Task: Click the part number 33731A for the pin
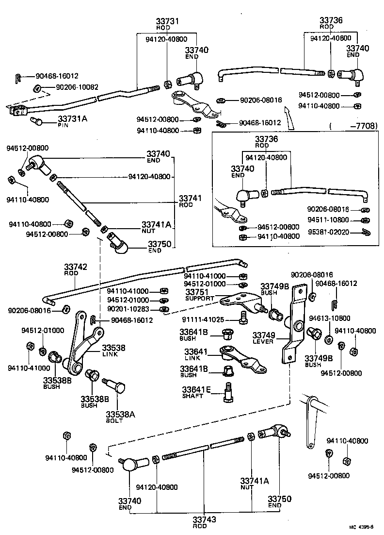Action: click(x=73, y=118)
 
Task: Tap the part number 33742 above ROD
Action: click(x=75, y=267)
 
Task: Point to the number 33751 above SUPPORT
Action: click(x=197, y=291)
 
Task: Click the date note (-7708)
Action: click(x=352, y=126)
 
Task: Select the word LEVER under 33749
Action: click(x=263, y=342)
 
